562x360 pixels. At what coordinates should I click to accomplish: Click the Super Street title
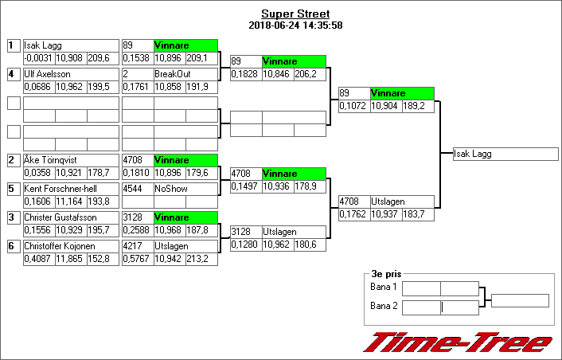295,14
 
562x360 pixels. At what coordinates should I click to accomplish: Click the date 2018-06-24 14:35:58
295,25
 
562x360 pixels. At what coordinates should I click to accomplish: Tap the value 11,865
70,259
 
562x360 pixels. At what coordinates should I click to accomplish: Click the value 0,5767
137,259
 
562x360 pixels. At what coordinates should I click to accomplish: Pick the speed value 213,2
201,259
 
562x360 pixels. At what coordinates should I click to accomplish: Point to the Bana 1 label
384,287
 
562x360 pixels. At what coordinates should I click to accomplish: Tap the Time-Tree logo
458,341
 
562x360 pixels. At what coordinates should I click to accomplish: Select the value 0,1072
353,106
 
